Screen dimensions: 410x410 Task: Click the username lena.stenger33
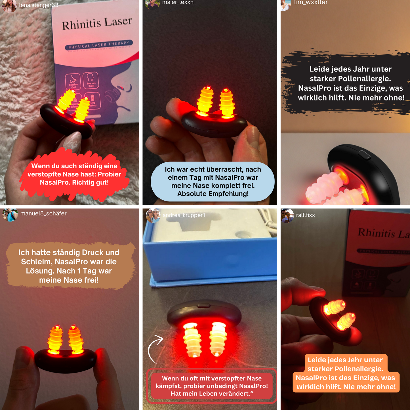click(x=39, y=5)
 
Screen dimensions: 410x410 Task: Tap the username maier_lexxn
click(x=178, y=3)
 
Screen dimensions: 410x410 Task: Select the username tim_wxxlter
click(x=311, y=3)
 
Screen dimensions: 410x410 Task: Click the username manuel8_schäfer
click(x=43, y=213)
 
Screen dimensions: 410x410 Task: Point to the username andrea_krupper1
click(x=184, y=215)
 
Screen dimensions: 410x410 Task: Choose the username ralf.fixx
click(x=305, y=215)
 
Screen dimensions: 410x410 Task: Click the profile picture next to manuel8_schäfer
click(x=10, y=215)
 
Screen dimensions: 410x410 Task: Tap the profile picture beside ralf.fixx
click(x=287, y=216)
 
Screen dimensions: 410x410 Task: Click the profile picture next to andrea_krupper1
click(x=153, y=216)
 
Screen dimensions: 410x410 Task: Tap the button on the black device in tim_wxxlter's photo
click(x=364, y=155)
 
